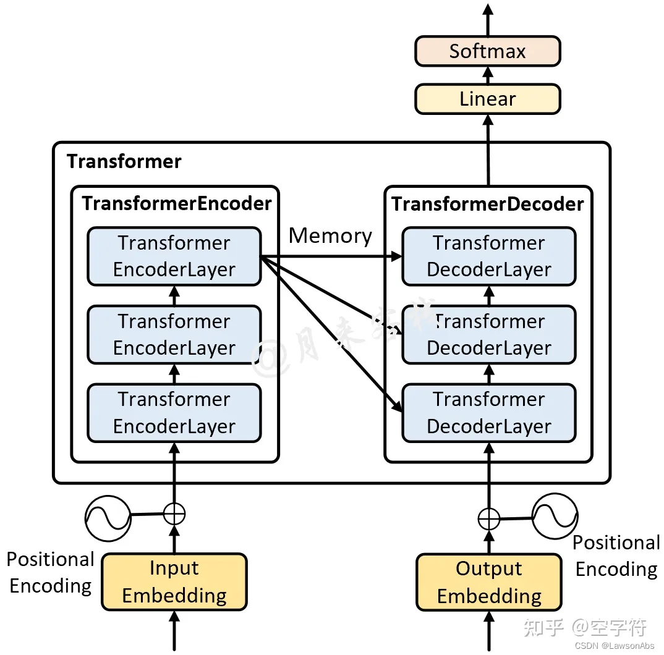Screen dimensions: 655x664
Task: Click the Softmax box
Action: point(487,51)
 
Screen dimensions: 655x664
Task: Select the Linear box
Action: point(487,99)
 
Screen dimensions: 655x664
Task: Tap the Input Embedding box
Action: point(174,581)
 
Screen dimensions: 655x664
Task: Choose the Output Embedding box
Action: point(488,581)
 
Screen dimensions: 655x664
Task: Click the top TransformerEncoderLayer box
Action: point(174,256)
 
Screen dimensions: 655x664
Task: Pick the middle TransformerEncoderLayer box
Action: point(174,334)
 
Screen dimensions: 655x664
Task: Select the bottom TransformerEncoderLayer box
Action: point(174,413)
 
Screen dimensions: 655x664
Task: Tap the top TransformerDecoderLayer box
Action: point(488,256)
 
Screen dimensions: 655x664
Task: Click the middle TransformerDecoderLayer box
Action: point(488,334)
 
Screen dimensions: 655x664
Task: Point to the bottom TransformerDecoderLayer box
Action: point(488,413)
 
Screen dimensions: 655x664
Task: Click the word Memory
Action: point(330,235)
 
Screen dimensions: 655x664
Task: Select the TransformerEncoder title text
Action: point(177,203)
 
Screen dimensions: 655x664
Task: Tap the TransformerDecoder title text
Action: point(488,203)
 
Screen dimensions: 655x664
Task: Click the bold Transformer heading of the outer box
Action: point(124,161)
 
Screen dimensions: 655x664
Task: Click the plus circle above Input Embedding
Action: point(174,513)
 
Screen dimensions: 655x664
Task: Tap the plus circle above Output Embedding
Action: point(488,519)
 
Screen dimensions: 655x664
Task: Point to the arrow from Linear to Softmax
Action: point(487,75)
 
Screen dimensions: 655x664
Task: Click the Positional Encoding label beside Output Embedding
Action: point(616,556)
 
